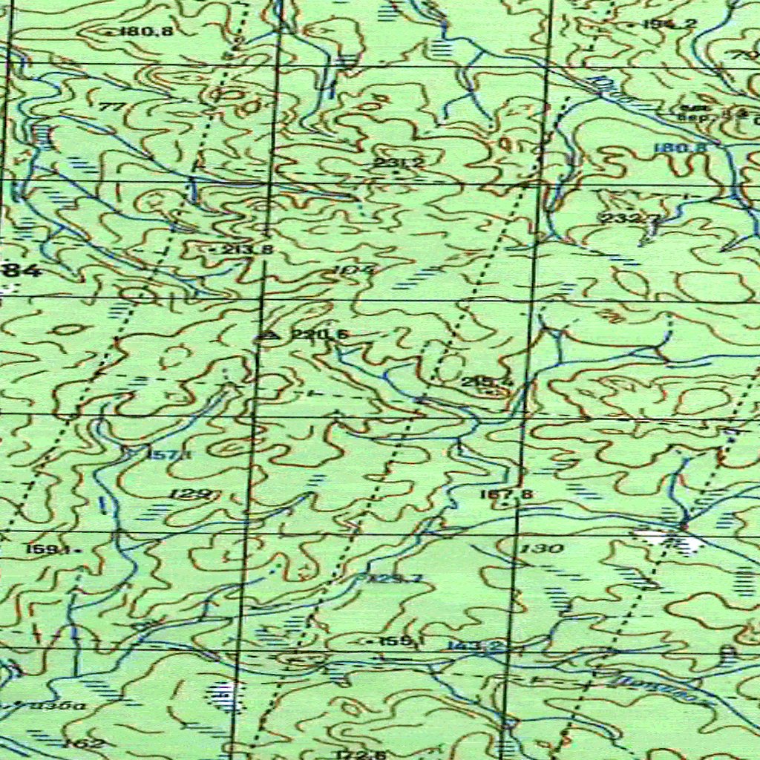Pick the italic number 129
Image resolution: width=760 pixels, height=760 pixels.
click(x=191, y=494)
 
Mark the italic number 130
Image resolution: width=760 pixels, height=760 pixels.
click(x=542, y=548)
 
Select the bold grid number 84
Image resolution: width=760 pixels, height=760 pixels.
click(x=24, y=272)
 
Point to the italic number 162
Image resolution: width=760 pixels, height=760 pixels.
click(x=83, y=743)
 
